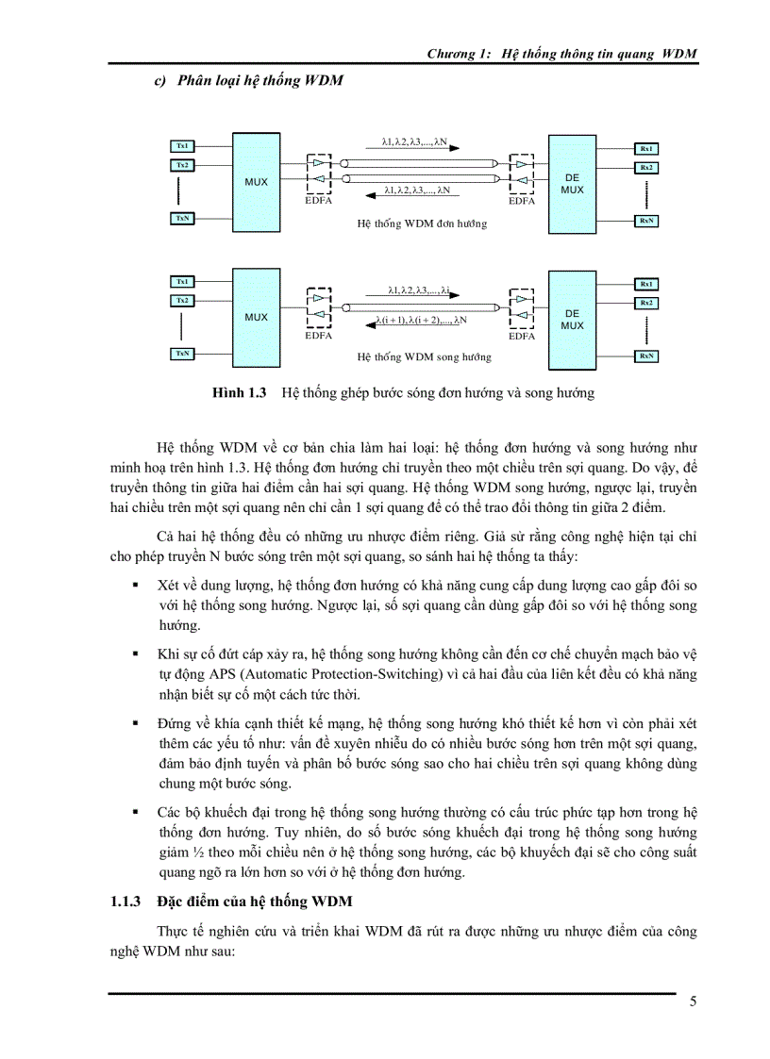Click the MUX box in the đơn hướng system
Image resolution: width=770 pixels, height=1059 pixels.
(x=256, y=181)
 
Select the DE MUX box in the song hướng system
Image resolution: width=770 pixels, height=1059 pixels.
(x=572, y=319)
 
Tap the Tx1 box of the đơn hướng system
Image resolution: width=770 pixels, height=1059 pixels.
(x=181, y=146)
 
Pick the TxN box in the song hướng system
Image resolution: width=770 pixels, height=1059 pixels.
(x=181, y=354)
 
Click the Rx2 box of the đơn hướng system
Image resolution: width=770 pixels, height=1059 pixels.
(x=646, y=167)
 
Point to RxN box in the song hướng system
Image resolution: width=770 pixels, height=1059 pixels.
(x=646, y=356)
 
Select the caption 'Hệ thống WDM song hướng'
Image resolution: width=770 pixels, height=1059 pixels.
(x=424, y=357)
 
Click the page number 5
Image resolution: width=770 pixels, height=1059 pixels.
(x=693, y=1001)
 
